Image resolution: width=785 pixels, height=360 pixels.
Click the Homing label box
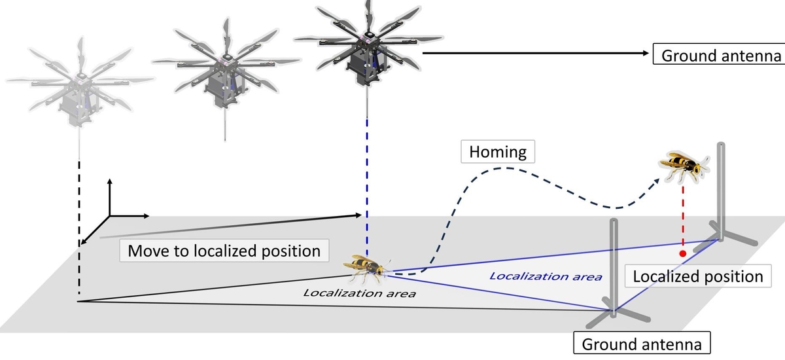498,151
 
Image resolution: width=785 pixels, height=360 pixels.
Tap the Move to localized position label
224,251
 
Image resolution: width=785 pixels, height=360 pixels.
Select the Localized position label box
698,276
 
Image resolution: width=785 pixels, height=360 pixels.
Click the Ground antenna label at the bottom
642,344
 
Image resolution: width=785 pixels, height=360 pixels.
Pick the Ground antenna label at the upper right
719,55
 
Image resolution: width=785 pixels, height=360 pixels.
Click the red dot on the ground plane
683,253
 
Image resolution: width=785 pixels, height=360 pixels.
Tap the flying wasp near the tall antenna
684,166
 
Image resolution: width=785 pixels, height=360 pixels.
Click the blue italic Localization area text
546,277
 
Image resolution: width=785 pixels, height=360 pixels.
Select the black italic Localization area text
360,293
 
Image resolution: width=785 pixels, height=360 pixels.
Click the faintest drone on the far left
80,82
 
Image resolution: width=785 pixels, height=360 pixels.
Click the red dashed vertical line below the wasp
683,215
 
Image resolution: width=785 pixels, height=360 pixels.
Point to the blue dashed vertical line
367,188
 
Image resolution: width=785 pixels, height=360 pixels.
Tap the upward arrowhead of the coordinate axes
110,181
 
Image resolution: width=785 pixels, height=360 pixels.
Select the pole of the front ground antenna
614,268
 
